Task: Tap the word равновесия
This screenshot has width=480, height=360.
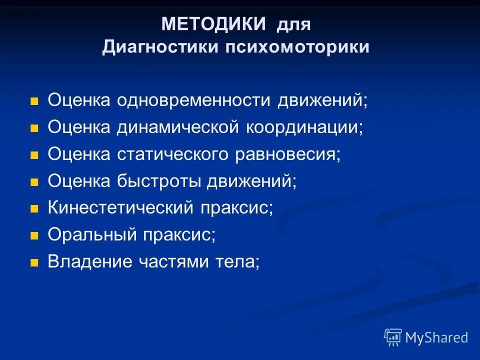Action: coord(287,154)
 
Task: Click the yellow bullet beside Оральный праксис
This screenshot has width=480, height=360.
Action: coord(34,235)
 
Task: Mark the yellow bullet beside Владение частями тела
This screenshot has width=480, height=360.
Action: coord(34,262)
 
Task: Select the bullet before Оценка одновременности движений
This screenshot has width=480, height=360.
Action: coord(34,101)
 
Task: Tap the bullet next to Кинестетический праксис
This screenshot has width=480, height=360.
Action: coord(34,208)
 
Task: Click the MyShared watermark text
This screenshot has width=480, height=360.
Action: coord(436,337)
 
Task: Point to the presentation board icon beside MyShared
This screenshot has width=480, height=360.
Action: coord(393,337)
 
